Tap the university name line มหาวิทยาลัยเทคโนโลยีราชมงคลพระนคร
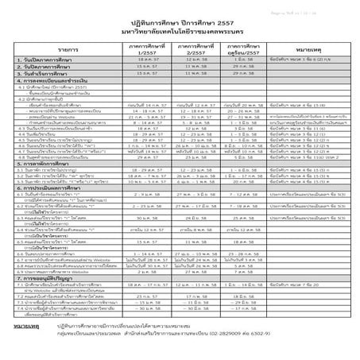180,29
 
